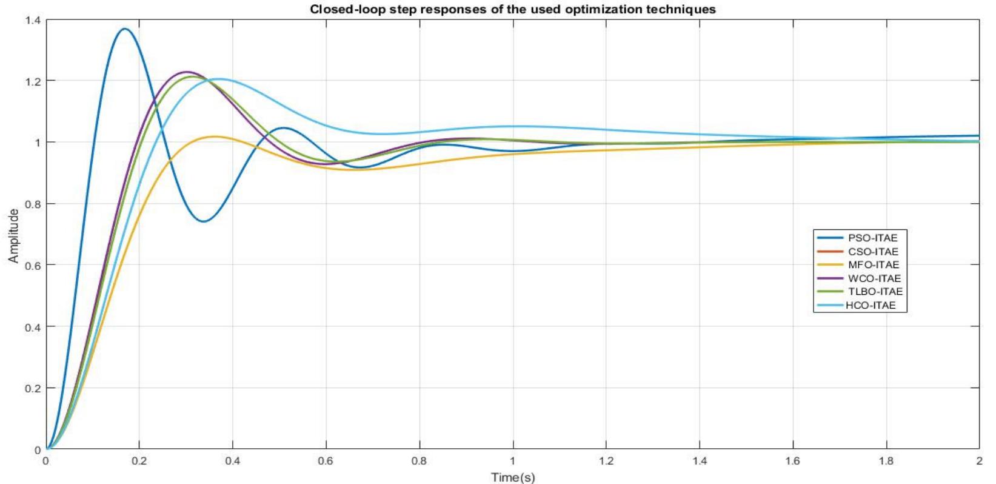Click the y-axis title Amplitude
(x=13, y=236)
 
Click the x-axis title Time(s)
(x=513, y=477)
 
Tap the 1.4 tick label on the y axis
(x=33, y=20)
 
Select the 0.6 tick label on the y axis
(x=33, y=265)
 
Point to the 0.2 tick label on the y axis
(x=33, y=388)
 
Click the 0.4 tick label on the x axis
(x=232, y=461)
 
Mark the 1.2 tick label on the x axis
(x=606, y=461)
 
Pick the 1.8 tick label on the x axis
(x=886, y=461)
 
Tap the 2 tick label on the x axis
(x=979, y=461)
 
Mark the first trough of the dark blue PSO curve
(x=204, y=221)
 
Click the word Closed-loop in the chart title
(x=343, y=9)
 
